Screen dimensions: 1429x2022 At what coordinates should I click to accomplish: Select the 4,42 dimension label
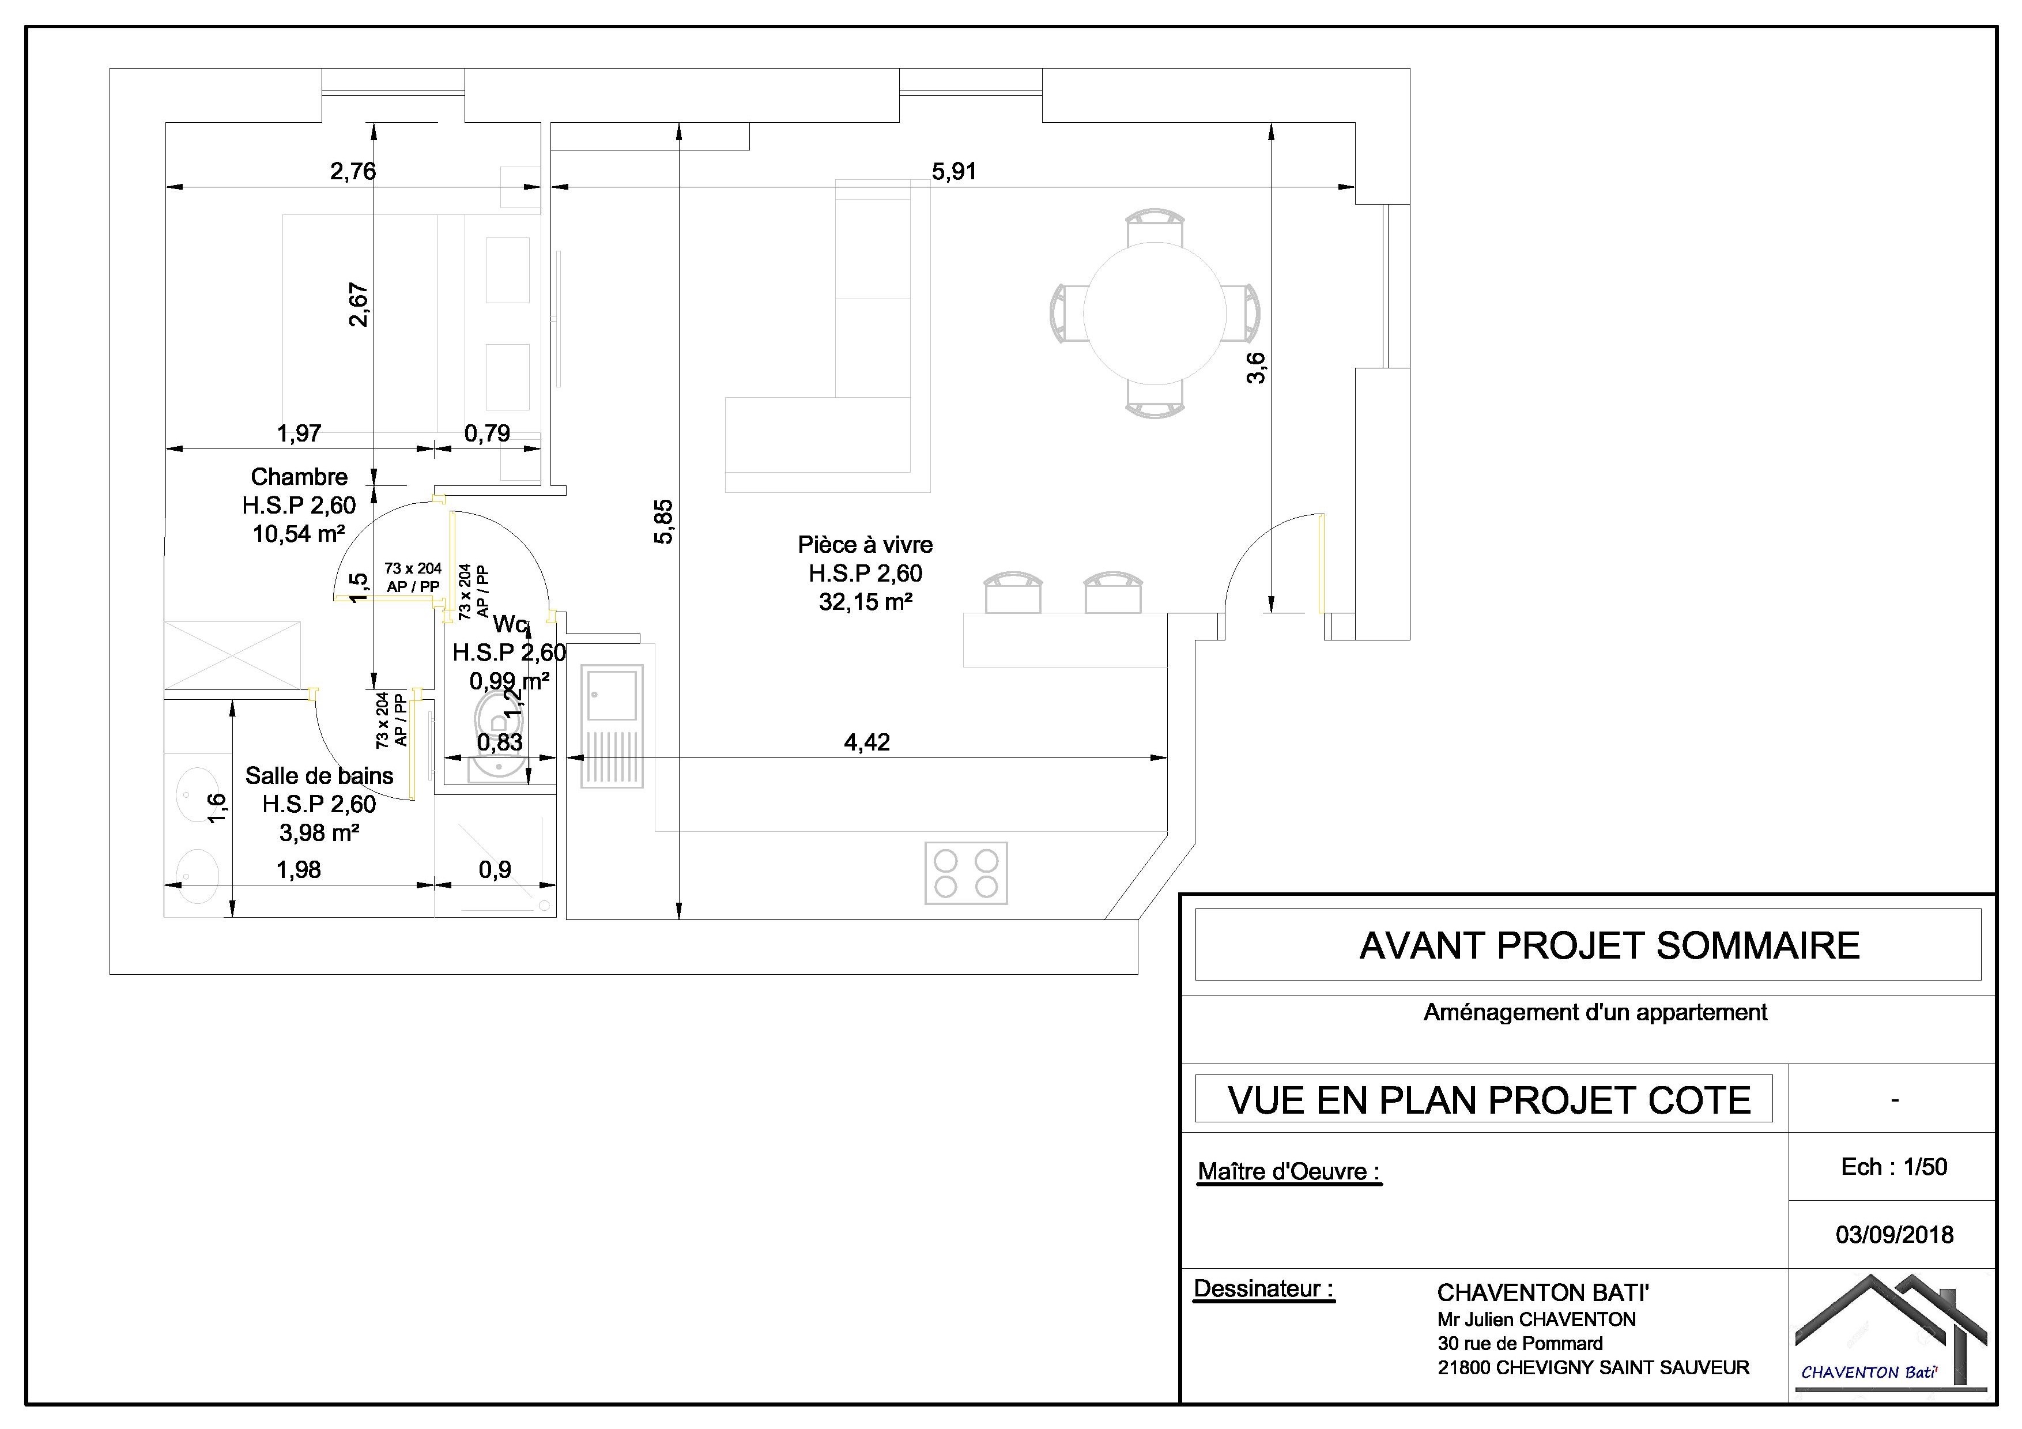[866, 742]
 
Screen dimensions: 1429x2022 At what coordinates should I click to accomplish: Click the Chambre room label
[299, 477]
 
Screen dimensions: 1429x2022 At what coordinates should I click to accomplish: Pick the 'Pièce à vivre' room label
[865, 545]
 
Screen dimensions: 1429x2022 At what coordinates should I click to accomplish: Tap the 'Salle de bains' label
[319, 776]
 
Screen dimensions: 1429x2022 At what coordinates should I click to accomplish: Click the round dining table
[1154, 312]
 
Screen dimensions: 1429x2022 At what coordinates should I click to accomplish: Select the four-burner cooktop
[965, 873]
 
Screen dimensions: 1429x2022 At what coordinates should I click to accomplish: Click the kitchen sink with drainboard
[612, 726]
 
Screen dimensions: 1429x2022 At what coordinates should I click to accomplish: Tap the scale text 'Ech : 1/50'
[1893, 1167]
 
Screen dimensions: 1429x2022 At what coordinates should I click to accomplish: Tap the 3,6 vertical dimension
[1256, 367]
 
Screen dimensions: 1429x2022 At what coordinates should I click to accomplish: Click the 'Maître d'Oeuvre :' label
[1289, 1172]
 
